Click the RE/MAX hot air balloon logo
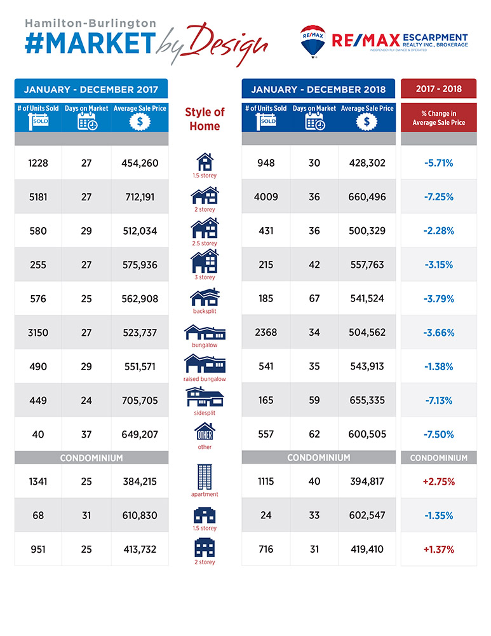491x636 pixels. point(313,41)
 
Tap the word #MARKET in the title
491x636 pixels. point(90,43)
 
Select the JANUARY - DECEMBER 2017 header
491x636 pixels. point(91,89)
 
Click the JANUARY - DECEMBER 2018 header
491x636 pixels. point(318,89)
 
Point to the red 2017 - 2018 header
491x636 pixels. point(439,88)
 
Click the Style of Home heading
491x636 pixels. point(205,119)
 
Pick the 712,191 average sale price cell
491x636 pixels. point(140,197)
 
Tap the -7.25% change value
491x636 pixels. point(439,197)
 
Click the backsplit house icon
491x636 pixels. point(205,297)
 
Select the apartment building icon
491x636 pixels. point(205,477)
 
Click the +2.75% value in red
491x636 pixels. point(439,482)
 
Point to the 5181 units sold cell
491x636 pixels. point(38,197)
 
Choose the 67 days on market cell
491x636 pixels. point(314,298)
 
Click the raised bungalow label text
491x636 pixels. point(205,379)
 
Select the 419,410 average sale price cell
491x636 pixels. point(367,550)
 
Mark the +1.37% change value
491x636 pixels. point(439,550)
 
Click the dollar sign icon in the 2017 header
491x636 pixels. point(140,121)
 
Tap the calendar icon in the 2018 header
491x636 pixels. point(315,121)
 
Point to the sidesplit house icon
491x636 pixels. point(205,397)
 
